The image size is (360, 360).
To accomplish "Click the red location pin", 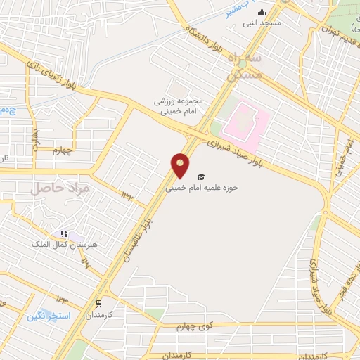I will [181, 165].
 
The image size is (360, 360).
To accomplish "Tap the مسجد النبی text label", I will [262, 22].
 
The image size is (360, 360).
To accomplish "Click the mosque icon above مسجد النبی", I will [262, 12].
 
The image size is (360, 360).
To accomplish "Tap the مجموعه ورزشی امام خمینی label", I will [179, 105].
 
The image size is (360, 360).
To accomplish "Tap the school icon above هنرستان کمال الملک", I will [64, 233].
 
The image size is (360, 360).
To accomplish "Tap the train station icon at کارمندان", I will [100, 304].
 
